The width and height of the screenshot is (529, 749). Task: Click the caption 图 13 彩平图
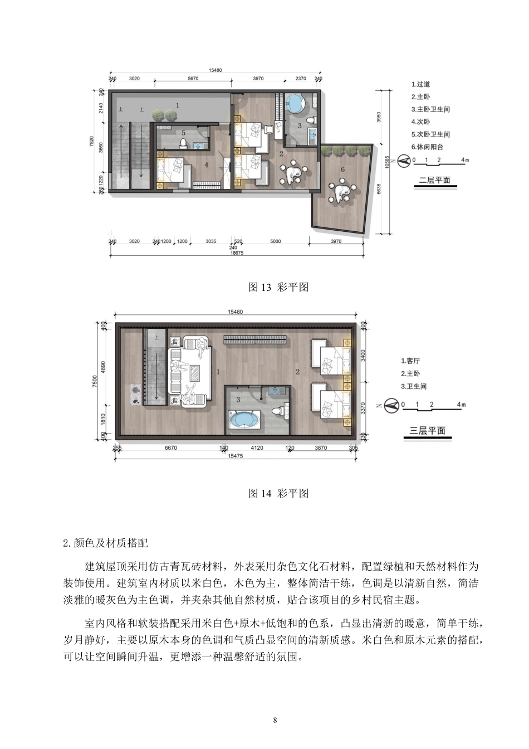click(278, 288)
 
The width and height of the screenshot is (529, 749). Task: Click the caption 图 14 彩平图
click(278, 494)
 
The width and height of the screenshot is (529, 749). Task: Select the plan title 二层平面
click(434, 181)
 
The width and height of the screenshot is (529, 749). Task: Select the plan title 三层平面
click(427, 430)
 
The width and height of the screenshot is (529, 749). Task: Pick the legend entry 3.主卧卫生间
click(430, 109)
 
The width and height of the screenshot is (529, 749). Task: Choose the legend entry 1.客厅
click(410, 361)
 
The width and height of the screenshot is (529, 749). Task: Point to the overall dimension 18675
click(237, 252)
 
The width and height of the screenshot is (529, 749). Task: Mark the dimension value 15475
click(235, 456)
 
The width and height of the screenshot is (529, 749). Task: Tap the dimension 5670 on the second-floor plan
click(193, 79)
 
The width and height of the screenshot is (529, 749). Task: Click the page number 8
click(275, 720)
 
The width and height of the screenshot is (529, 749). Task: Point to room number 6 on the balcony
click(342, 169)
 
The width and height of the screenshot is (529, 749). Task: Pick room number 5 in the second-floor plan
click(183, 133)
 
